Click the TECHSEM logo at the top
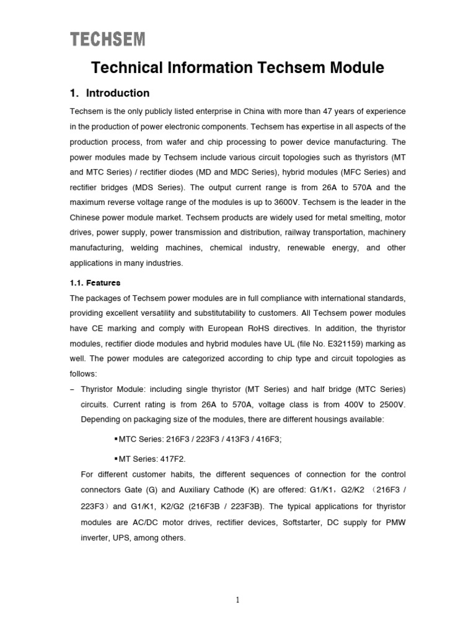pyautogui.click(x=108, y=40)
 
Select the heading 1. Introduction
pyautogui.click(x=110, y=93)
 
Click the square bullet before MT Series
pyautogui.click(x=117, y=459)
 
